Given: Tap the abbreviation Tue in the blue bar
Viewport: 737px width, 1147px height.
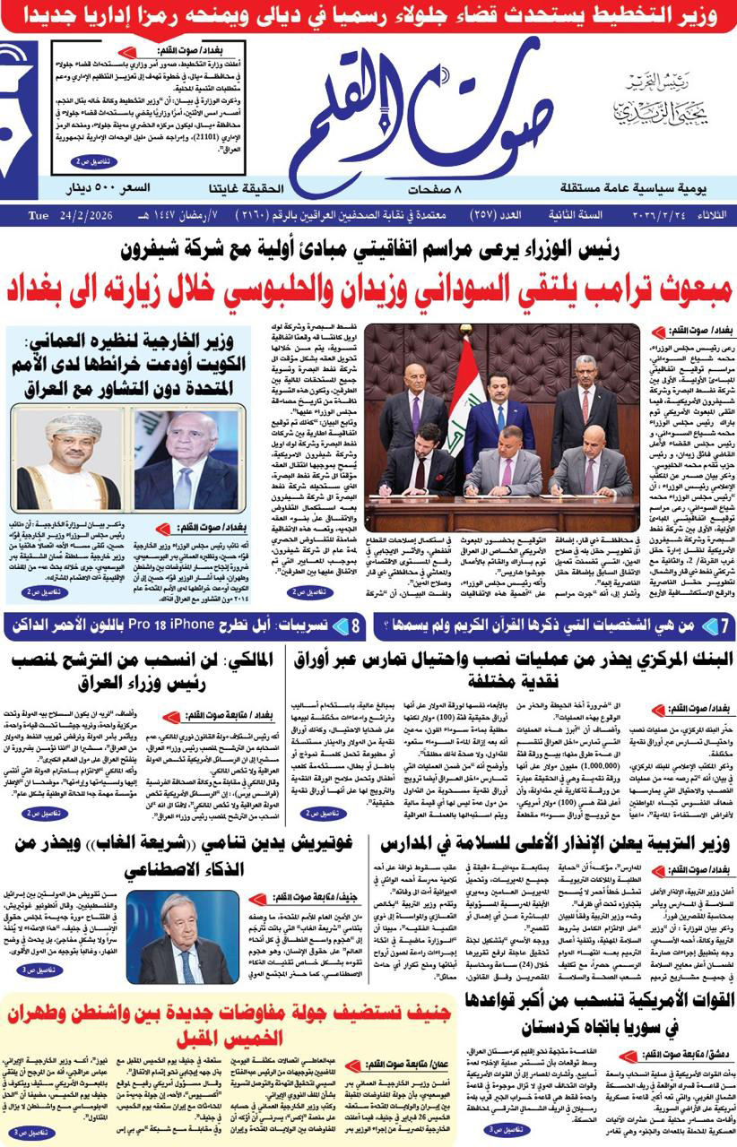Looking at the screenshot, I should point(38,215).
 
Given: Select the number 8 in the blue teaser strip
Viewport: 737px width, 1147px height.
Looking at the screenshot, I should point(356,625).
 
